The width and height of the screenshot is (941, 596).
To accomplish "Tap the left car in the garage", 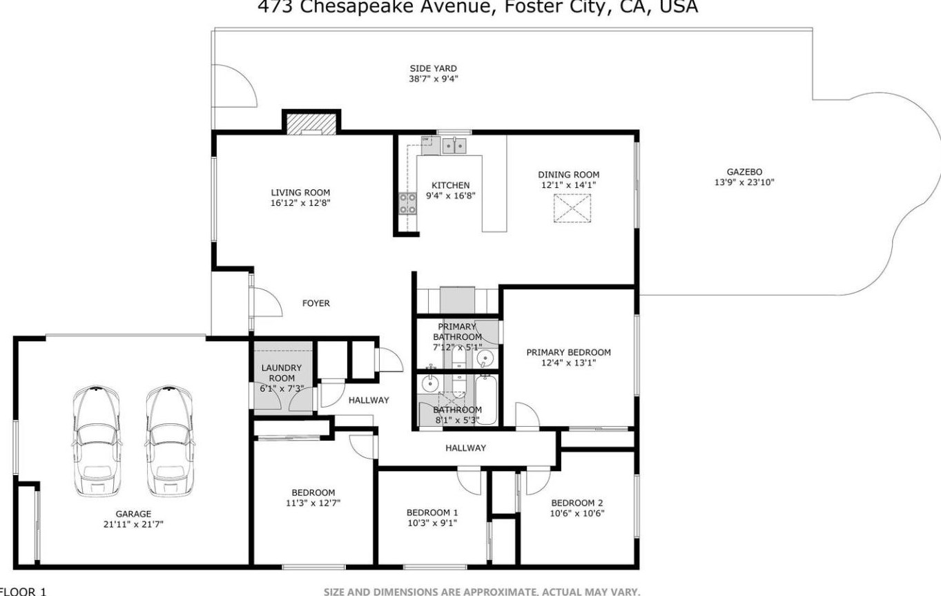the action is (97, 441).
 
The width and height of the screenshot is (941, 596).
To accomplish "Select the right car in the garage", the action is (169, 441).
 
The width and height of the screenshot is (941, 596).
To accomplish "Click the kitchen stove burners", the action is (407, 204).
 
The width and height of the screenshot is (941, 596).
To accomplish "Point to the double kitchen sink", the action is (454, 146).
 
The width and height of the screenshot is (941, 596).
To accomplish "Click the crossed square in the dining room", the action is (572, 208).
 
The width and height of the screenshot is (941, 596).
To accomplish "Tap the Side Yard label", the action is (433, 68).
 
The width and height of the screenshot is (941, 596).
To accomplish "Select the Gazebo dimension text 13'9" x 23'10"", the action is (744, 182).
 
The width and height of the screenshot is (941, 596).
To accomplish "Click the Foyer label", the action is (316, 303).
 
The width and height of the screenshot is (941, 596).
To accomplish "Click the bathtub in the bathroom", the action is (487, 401).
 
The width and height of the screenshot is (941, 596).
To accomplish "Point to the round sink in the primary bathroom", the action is (485, 358).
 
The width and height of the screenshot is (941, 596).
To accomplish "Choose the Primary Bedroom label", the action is (568, 352).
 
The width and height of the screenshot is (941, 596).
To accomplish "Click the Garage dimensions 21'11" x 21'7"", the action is (133, 524).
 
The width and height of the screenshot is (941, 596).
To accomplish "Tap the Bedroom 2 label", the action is (576, 503).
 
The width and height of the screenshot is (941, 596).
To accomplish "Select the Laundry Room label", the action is (282, 373).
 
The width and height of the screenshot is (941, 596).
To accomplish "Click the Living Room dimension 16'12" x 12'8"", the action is (300, 203).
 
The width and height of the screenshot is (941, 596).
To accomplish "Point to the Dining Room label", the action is (568, 175).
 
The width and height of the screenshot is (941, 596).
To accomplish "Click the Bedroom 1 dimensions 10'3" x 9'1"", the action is (432, 523).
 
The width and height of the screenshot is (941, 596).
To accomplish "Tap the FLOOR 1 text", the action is (23, 592).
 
